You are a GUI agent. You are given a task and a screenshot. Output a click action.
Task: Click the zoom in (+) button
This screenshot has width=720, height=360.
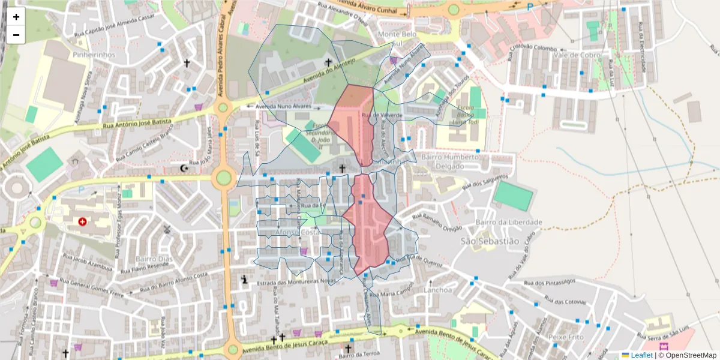[16, 17]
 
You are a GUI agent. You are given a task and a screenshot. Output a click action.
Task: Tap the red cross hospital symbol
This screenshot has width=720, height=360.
[82, 221]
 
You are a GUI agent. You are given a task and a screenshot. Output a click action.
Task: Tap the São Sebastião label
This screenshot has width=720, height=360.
[489, 241]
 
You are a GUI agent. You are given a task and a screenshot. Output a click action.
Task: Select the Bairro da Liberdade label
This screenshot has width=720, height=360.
[508, 222]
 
